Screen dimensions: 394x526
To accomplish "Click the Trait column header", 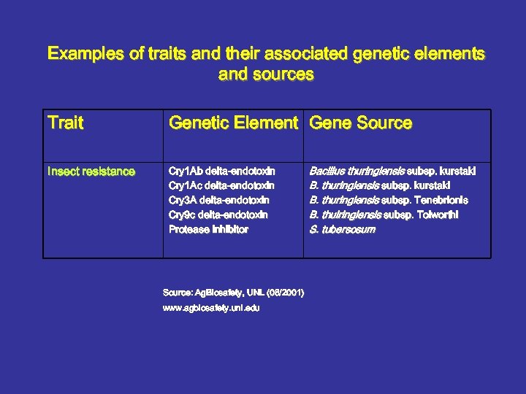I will click(66, 123).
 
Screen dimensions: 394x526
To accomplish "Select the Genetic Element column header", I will click(233, 123).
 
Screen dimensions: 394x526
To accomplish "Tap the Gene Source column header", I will click(361, 123).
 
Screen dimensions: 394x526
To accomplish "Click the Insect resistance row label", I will click(91, 171).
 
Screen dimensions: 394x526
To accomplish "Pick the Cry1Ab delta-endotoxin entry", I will click(221, 171).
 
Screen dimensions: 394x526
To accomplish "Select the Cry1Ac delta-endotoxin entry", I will click(221, 186).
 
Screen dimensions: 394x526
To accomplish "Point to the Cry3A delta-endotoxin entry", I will click(218, 200).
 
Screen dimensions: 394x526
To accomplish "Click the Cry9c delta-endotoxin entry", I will click(218, 215).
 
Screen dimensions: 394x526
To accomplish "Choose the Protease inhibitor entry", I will click(208, 229).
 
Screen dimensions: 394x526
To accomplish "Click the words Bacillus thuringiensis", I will click(357, 171).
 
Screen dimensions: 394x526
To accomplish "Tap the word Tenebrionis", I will click(443, 200).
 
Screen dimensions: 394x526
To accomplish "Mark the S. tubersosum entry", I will click(342, 229).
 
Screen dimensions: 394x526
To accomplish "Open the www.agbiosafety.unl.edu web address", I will click(210, 308).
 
